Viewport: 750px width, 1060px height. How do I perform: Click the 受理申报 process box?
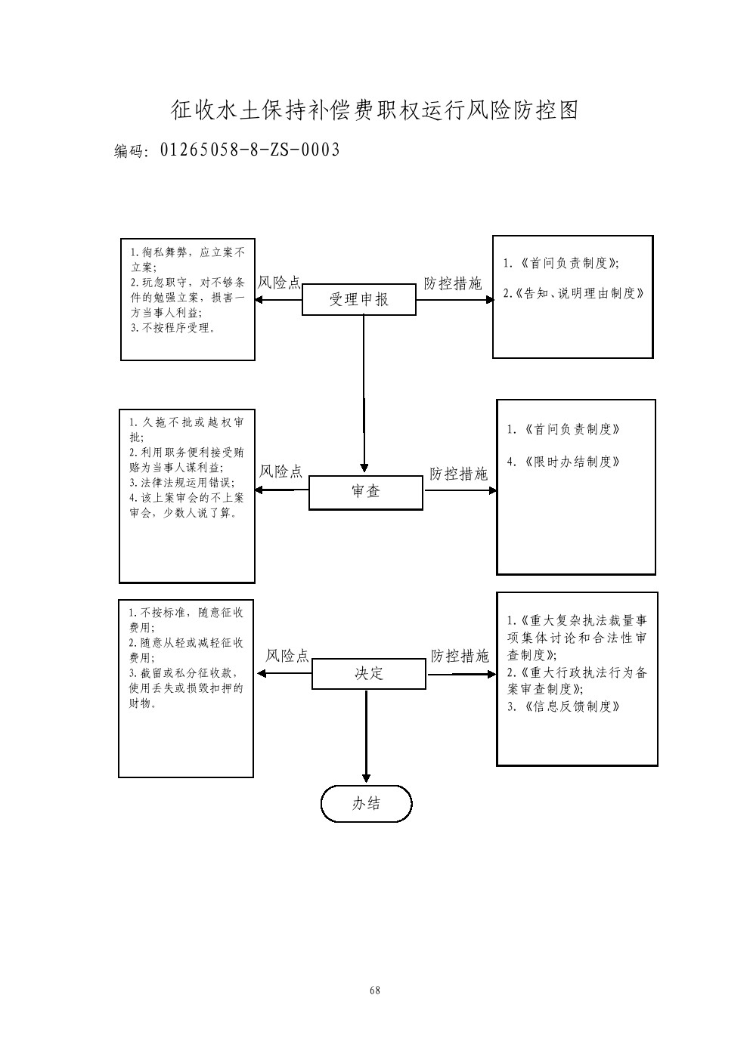[358, 300]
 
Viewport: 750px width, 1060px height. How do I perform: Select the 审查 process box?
[365, 492]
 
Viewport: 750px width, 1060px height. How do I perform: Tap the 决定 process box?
[369, 674]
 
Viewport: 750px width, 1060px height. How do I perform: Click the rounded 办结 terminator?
[367, 804]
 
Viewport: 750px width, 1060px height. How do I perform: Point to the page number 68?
[374, 990]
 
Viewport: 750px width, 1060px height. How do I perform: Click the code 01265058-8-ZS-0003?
[249, 150]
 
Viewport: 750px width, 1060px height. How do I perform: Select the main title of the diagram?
[374, 111]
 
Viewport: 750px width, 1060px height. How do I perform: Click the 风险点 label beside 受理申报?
[279, 283]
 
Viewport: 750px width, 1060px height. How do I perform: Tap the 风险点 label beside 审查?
[280, 472]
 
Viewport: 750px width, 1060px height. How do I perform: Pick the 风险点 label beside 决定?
[287, 656]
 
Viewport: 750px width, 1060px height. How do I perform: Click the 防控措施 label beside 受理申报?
[452, 283]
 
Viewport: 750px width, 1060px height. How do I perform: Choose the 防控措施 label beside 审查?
[458, 474]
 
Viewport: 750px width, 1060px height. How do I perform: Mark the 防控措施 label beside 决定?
[460, 656]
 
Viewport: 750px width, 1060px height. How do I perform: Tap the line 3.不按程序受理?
[172, 328]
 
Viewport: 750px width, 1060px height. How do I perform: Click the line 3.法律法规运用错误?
[181, 482]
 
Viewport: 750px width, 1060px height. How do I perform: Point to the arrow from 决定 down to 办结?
[367, 737]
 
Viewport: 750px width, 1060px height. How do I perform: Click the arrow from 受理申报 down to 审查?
[364, 393]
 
